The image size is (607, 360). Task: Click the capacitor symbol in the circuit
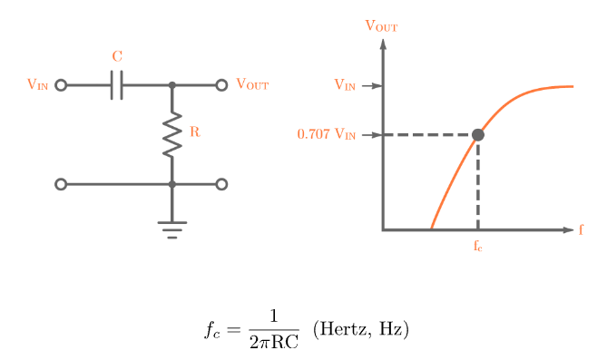(116, 85)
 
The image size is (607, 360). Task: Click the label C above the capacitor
(117, 57)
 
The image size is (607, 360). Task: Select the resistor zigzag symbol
(171, 134)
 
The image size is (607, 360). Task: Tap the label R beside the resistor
(194, 132)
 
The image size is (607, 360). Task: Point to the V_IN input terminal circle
(61, 85)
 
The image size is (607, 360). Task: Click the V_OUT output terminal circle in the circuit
(220, 85)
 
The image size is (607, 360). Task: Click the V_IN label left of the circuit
(37, 85)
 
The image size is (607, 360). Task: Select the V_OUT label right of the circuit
(252, 84)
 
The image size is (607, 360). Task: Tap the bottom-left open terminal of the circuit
(61, 184)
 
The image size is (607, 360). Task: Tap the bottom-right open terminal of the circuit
(220, 184)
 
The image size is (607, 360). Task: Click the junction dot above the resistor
(171, 85)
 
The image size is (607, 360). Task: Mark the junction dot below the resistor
(171, 184)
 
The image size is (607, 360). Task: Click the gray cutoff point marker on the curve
(478, 135)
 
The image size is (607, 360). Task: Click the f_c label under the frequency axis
(478, 246)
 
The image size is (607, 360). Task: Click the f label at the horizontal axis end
(582, 229)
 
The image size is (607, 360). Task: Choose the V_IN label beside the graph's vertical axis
(345, 86)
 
